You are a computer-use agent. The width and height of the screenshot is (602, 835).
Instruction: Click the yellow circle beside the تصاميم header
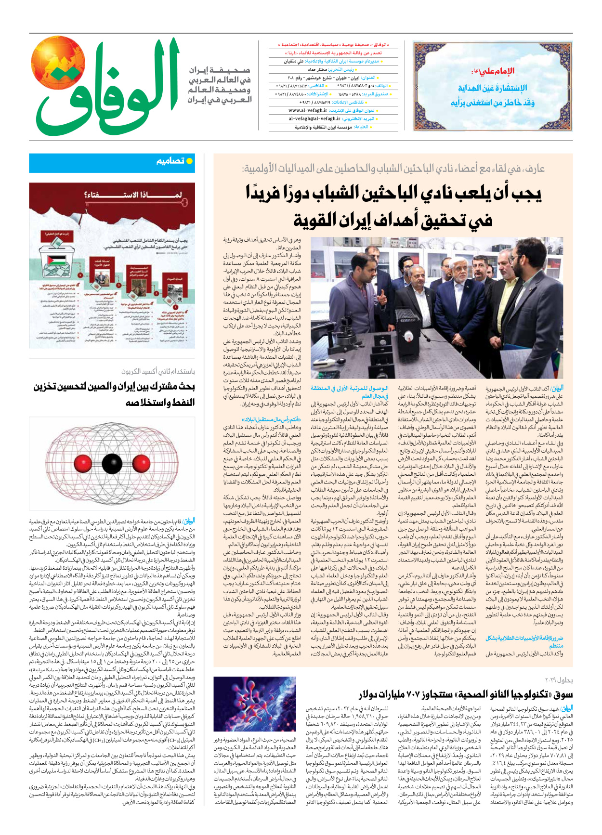coord(189,161)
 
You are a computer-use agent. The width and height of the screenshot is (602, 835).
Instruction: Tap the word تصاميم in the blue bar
coord(170,161)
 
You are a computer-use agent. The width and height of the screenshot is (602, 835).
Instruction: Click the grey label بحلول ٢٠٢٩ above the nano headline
coord(559,680)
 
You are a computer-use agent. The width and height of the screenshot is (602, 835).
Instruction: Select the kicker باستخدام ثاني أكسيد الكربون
coord(158,371)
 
